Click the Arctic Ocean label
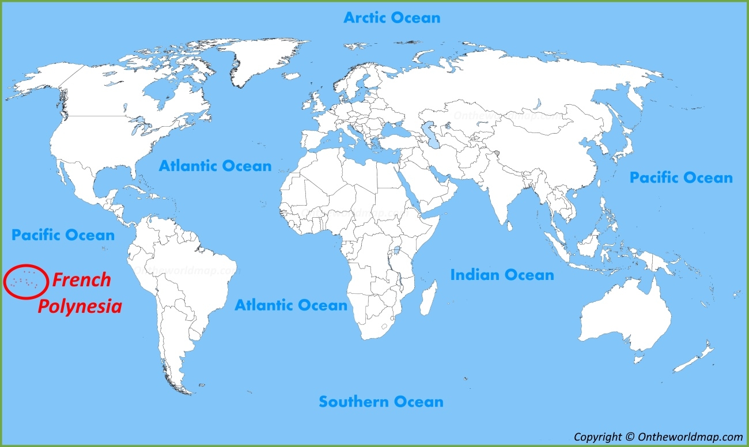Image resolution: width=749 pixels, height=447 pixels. coord(392,18)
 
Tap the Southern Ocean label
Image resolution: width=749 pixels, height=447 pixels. coord(381,401)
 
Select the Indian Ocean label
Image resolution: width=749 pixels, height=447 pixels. coord(502,275)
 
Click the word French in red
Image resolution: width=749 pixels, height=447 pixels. coord(81,281)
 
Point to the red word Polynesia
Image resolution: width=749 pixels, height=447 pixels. coord(80,306)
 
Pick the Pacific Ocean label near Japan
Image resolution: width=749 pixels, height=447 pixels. coord(680,177)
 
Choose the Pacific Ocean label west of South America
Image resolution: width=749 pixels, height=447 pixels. coord(63,235)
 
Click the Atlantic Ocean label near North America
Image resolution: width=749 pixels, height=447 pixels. coord(215,166)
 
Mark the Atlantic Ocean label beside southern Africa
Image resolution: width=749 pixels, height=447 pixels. coord(290,305)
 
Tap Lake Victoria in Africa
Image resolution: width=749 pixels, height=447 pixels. coord(396,251)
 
